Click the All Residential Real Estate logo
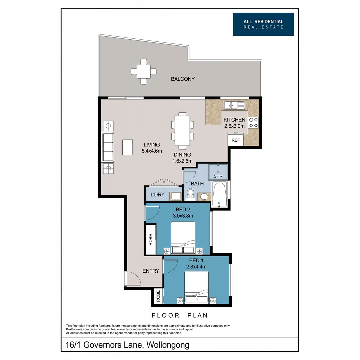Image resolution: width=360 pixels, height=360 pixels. tap(263, 24)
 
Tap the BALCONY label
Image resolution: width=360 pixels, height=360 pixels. tap(183, 79)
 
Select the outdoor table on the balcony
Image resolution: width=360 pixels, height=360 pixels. tap(144, 71)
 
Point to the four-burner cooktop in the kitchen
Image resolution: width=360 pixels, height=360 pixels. tap(254, 122)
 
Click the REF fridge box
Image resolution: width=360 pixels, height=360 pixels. tap(235, 140)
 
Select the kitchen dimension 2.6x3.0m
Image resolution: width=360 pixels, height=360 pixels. tap(234, 126)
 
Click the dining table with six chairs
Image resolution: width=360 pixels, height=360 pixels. tap(182, 130)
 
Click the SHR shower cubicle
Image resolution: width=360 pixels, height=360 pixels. tap(218, 172)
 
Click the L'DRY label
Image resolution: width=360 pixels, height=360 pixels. tap(158, 195)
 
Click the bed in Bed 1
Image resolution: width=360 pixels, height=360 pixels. tap(196, 287)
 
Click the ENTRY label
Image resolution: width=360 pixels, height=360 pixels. tap(151, 271)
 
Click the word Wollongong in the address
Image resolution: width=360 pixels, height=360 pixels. tap(170, 345)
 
